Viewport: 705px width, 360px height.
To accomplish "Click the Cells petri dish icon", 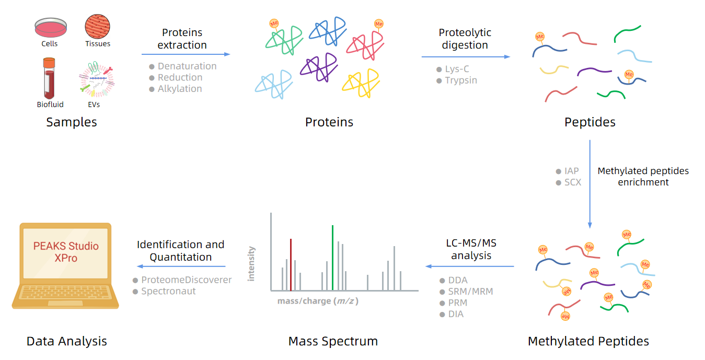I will [51, 27].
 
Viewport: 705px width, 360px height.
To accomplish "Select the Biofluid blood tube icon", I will [49, 78].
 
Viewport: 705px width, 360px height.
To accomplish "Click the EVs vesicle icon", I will [96, 79].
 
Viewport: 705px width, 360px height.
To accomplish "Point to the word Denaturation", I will [187, 66].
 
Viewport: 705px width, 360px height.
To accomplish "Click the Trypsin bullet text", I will [460, 80].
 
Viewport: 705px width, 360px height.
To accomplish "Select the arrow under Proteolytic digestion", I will [465, 56].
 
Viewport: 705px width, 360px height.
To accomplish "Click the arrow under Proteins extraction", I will [186, 54].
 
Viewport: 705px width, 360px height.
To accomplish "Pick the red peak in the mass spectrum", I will [291, 264].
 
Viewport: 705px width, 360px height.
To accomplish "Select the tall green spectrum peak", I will [332, 257].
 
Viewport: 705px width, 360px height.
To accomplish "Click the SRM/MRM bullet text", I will [470, 292].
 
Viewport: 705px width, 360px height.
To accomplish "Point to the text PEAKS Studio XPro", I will [66, 252].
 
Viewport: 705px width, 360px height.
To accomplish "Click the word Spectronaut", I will [168, 292].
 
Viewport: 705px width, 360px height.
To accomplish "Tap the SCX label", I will [572, 182].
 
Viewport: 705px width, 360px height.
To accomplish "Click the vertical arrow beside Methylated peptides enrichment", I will [590, 183].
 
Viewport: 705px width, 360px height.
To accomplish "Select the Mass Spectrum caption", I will [333, 342].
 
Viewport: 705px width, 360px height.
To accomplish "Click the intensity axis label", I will [251, 264].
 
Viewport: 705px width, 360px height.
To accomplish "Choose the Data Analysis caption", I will [67, 342].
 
